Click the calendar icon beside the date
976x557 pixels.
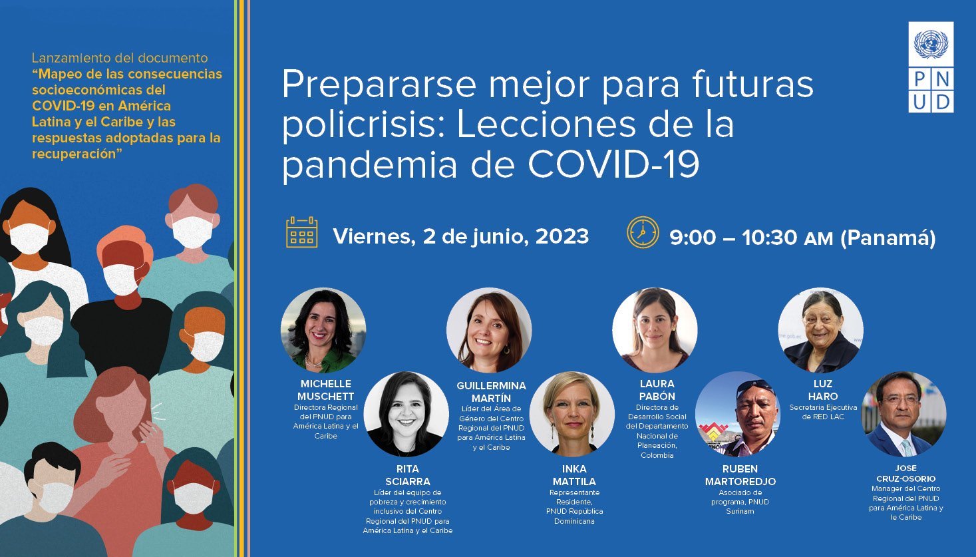[x=301, y=232]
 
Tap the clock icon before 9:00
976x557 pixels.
[x=643, y=232]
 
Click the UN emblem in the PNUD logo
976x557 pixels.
[x=931, y=44]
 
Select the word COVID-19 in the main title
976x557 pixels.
[x=613, y=164]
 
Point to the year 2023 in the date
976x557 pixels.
[x=562, y=236]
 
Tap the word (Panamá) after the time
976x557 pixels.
[x=888, y=238]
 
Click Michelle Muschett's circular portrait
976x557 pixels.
[x=323, y=330]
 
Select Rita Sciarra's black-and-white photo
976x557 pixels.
[x=407, y=414]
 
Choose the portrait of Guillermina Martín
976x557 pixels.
[x=489, y=330]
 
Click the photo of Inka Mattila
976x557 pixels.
[x=572, y=414]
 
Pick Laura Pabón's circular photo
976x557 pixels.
[x=655, y=330]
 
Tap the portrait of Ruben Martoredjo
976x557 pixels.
[x=738, y=414]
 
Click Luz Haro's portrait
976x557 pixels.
[x=821, y=330]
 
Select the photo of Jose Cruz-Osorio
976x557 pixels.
[x=904, y=414]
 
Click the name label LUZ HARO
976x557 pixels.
[x=822, y=390]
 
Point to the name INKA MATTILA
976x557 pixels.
[x=574, y=475]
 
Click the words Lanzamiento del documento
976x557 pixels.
[x=120, y=57]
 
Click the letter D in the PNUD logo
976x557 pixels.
[x=943, y=102]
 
